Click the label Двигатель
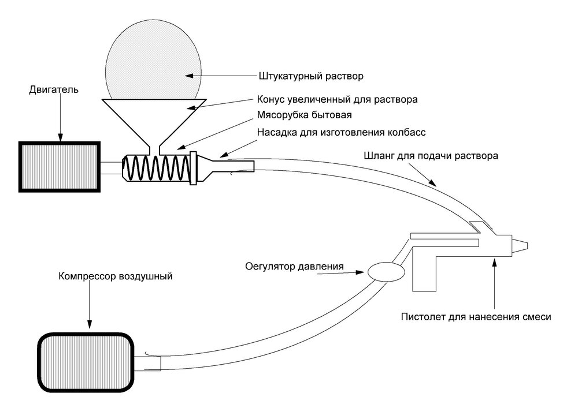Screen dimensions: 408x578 click(x=53, y=91)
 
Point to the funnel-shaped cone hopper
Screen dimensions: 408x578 click(x=154, y=115)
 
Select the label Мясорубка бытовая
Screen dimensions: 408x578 click(x=301, y=115)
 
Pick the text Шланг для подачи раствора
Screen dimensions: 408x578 click(x=430, y=156)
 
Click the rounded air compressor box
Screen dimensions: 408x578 click(x=86, y=361)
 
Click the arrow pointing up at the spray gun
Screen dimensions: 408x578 click(x=494, y=283)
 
